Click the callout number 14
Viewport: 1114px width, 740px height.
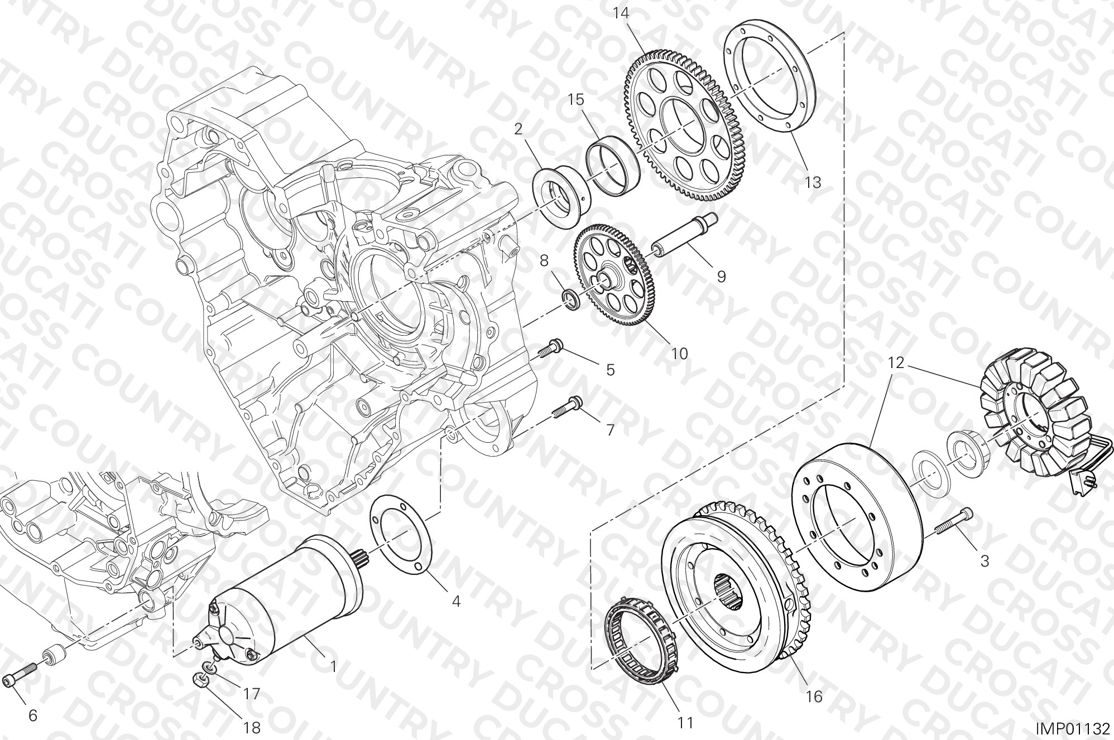tap(621, 13)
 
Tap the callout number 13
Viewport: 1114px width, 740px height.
tap(813, 182)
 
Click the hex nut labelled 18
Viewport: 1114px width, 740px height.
tap(201, 680)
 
